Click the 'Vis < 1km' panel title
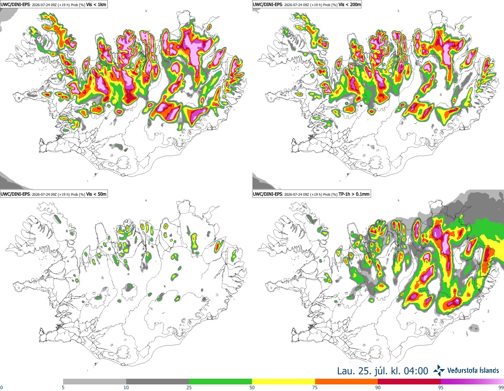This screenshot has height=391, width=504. [x=96, y=5]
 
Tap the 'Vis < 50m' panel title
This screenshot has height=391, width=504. [x=96, y=194]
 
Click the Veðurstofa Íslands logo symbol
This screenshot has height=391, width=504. [x=439, y=370]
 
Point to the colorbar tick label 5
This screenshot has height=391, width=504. [x=63, y=387]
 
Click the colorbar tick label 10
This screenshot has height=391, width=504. [x=126, y=387]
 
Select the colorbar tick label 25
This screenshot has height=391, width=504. [x=189, y=387]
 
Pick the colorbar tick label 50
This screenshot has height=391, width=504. [x=252, y=387]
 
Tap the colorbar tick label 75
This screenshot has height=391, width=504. [x=315, y=387]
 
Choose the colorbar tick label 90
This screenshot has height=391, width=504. [x=378, y=387]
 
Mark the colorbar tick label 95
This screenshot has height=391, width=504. [x=441, y=387]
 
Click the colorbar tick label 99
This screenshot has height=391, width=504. [x=501, y=387]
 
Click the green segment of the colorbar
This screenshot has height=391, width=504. [x=220, y=382]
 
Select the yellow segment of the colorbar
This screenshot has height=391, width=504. [x=284, y=382]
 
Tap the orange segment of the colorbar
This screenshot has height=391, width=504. [x=347, y=382]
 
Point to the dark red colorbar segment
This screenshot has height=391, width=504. [x=409, y=382]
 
